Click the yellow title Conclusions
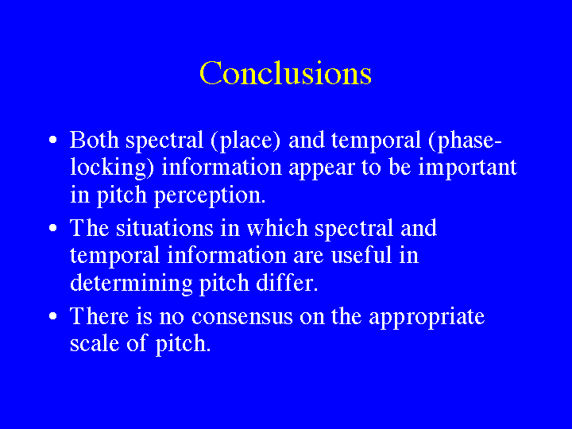point(285,72)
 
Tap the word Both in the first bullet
point(94,140)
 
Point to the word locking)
point(112,168)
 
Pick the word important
point(467,168)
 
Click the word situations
point(164,228)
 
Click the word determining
point(131,284)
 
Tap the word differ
point(287,282)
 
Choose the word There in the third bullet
point(99,316)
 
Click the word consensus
point(242,317)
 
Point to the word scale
point(95,343)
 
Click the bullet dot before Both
point(53,140)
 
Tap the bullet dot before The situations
point(53,228)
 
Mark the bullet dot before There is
point(53,316)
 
